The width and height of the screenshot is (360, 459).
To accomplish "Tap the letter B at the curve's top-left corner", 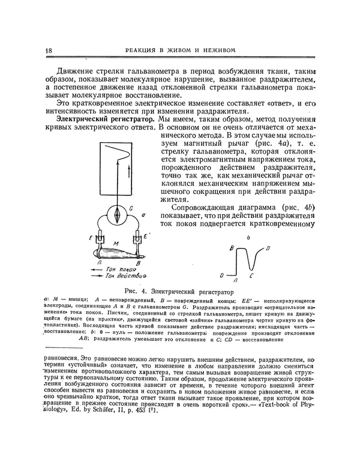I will point(231,248).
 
